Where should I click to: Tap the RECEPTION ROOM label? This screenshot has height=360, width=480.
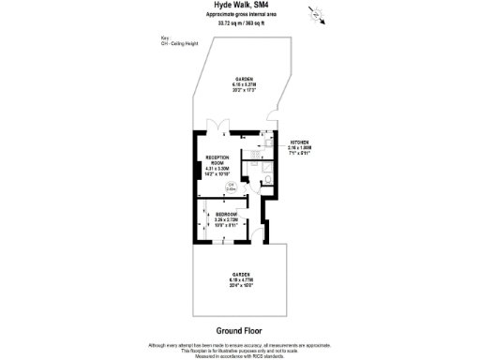coord(217,161)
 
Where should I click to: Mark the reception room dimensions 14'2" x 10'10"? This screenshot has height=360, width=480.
coord(217,172)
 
